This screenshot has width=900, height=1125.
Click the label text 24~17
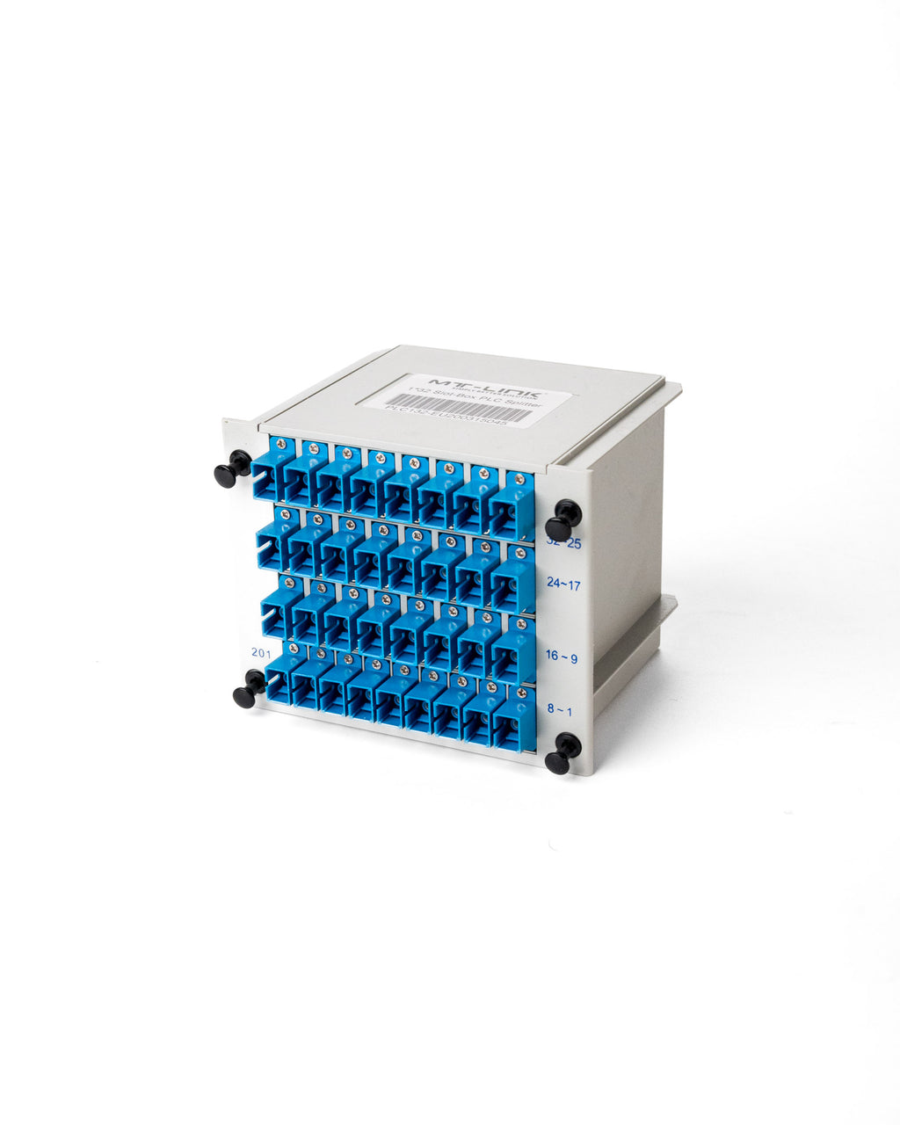coord(562,584)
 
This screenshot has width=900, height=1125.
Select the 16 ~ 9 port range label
coord(561,657)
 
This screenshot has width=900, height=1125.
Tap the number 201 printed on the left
coord(261,652)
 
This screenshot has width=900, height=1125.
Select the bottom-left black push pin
coord(249,689)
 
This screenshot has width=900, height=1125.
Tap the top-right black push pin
coord(562,521)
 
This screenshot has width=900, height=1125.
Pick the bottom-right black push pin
coord(562,754)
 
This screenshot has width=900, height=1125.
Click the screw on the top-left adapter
coord(280,445)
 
